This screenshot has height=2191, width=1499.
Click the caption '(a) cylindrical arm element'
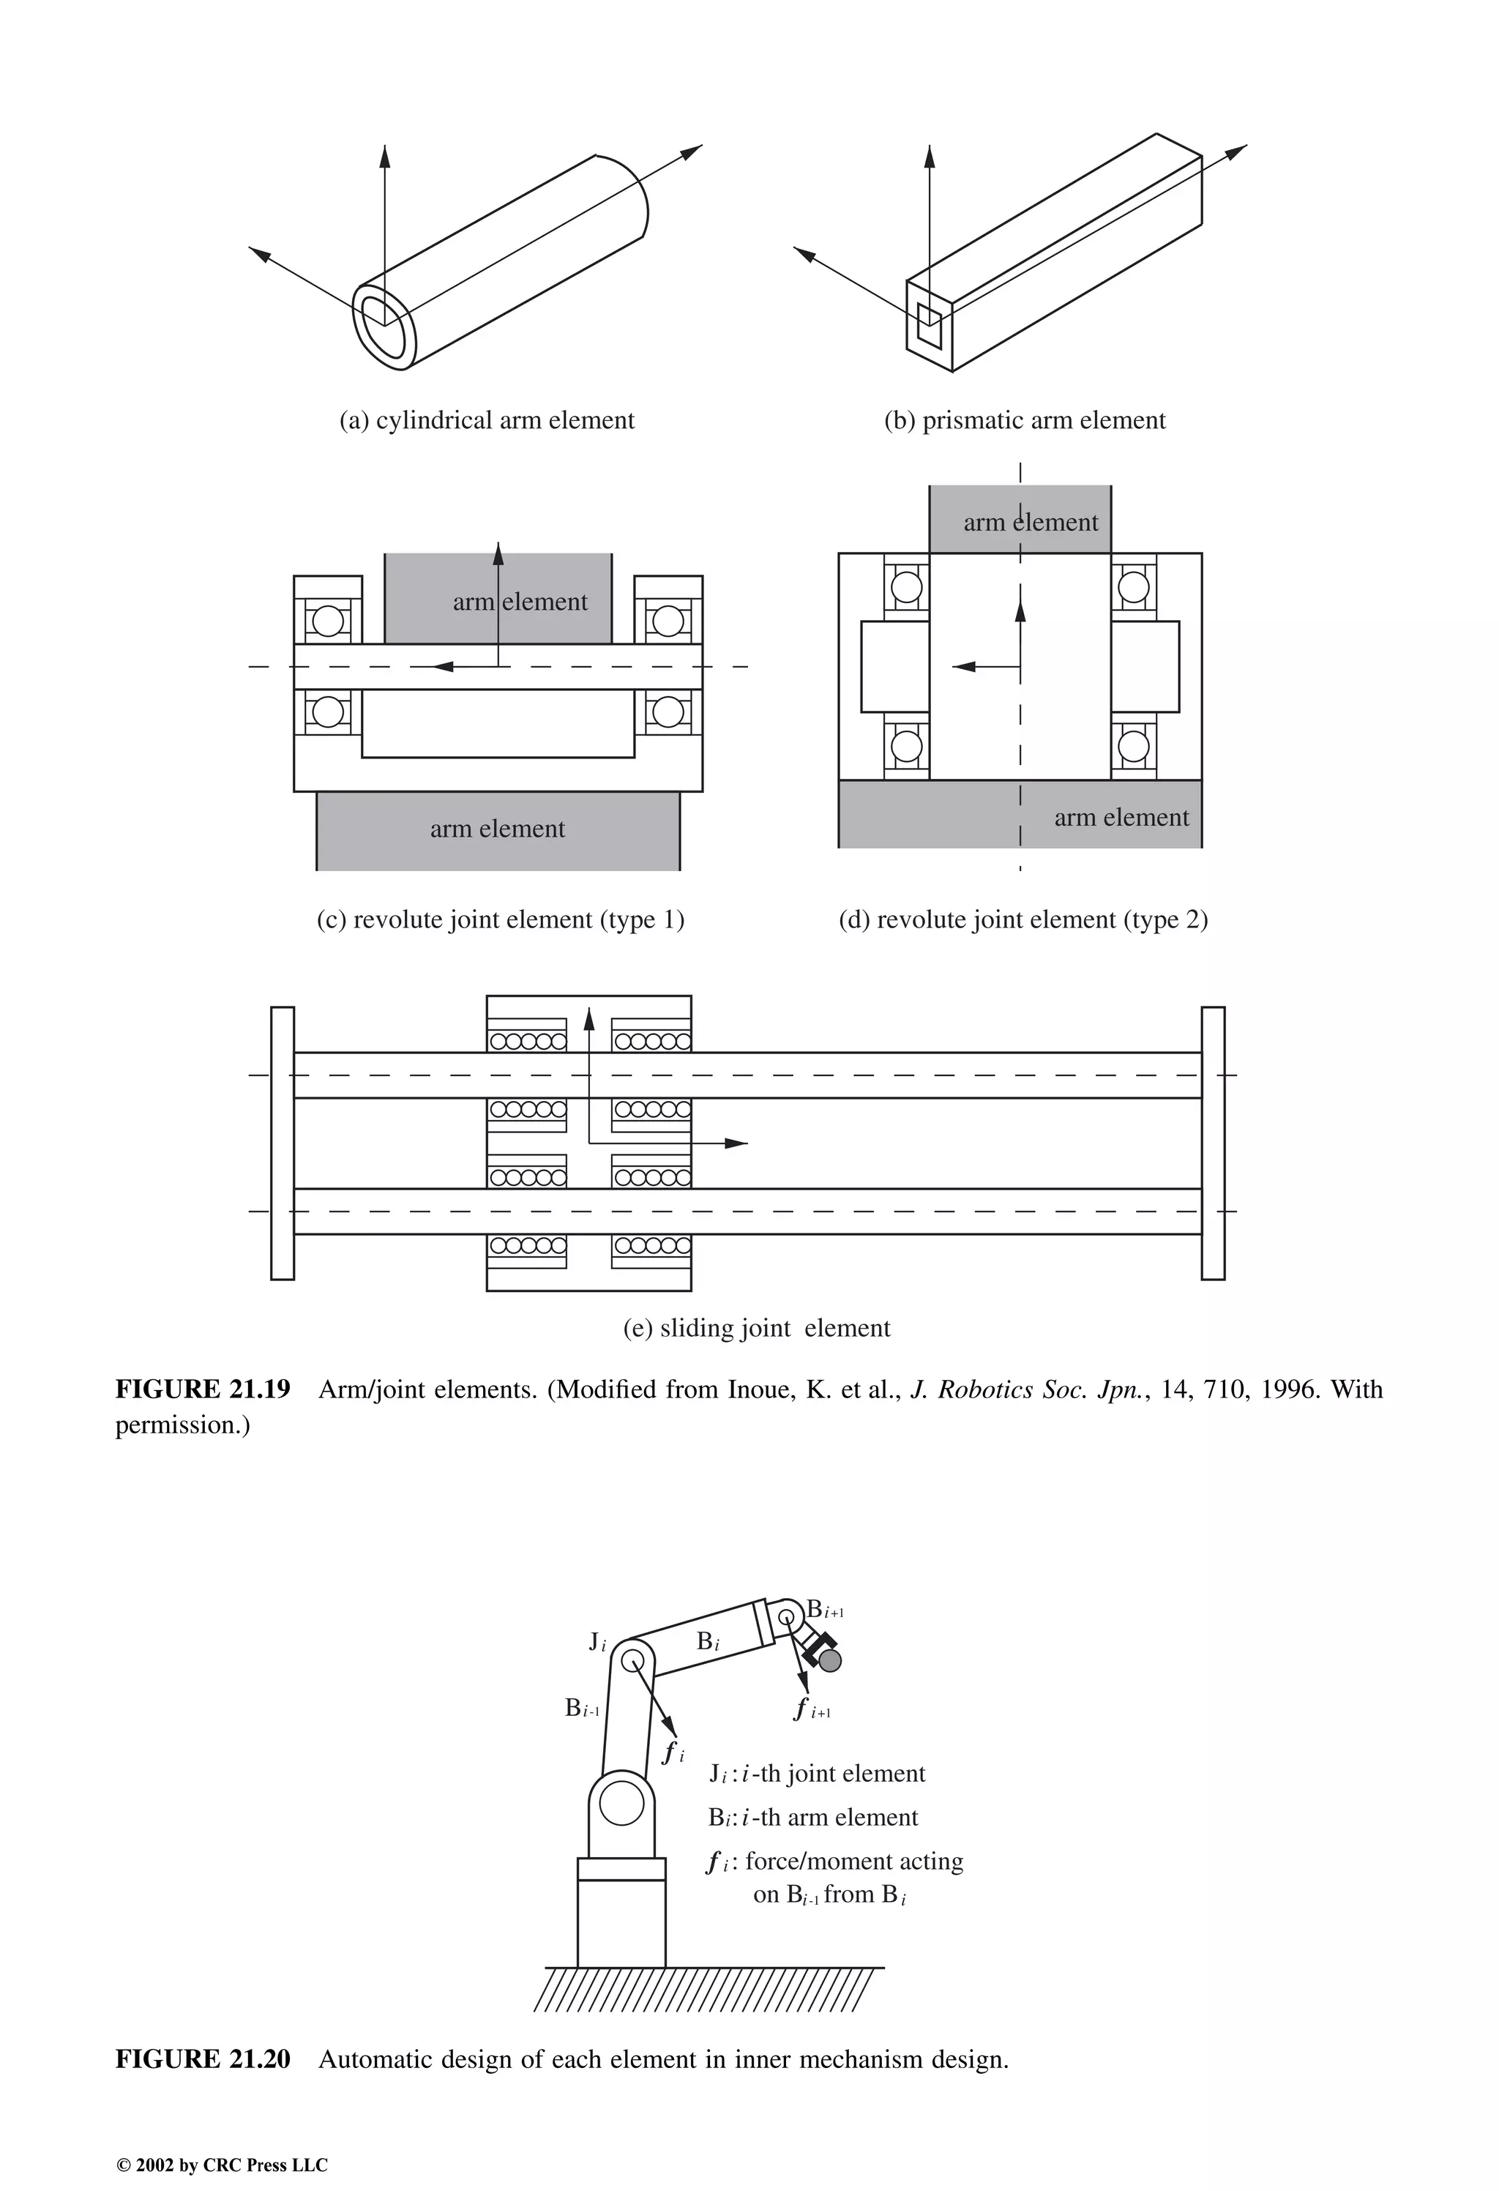487,420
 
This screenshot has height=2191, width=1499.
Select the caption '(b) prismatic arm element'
1024,420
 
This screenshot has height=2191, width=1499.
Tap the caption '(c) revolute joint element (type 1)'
500,919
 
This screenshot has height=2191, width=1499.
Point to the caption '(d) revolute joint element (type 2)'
1023,919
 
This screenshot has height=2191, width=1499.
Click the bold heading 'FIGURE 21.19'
203,1389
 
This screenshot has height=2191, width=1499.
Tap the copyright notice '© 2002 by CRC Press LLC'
222,2165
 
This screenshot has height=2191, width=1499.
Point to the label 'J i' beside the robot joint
597,1641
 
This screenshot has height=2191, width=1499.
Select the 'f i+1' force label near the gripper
811,1709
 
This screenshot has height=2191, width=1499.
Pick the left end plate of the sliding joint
282,1143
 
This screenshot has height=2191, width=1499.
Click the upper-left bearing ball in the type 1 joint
327,622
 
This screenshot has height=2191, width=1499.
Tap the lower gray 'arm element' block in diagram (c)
498,829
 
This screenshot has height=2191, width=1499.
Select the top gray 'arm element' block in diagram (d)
1020,520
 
